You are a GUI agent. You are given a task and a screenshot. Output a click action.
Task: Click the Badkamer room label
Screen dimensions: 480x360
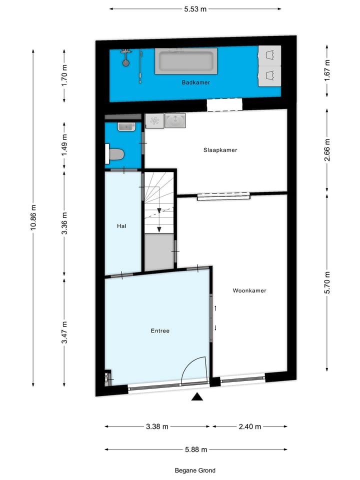pyautogui.click(x=195, y=82)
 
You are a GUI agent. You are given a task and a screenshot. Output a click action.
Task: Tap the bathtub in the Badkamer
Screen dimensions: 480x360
pyautogui.click(x=185, y=62)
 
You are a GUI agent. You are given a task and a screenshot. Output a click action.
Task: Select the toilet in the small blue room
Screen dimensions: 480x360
pyautogui.click(x=116, y=154)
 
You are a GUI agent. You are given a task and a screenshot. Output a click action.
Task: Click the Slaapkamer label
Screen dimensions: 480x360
pyautogui.click(x=220, y=150)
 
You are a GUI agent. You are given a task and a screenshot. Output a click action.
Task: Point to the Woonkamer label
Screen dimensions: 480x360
pyautogui.click(x=249, y=290)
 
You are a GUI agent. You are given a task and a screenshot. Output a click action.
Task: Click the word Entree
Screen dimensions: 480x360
pyautogui.click(x=160, y=331)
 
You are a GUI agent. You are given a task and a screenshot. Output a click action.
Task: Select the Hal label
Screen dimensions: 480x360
pyautogui.click(x=121, y=226)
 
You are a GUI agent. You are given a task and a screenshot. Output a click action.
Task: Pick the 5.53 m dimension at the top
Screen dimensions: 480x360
pyautogui.click(x=195, y=8)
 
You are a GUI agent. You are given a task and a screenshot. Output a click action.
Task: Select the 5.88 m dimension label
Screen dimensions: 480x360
pyautogui.click(x=196, y=449)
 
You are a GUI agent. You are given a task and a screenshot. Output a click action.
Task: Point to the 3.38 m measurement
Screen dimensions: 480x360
pyautogui.click(x=157, y=426)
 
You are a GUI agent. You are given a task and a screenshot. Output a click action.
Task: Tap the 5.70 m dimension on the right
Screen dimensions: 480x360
pyautogui.click(x=327, y=282)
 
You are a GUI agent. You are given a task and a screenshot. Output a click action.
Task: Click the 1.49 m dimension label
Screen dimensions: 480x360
pyautogui.click(x=64, y=145)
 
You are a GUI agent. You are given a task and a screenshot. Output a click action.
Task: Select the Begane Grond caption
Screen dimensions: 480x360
pyautogui.click(x=195, y=470)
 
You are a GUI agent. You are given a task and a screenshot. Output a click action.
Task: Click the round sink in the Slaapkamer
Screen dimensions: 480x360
pyautogui.click(x=175, y=120)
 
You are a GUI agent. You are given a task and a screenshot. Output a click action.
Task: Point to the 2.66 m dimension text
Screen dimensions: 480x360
pyautogui.click(x=327, y=151)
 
